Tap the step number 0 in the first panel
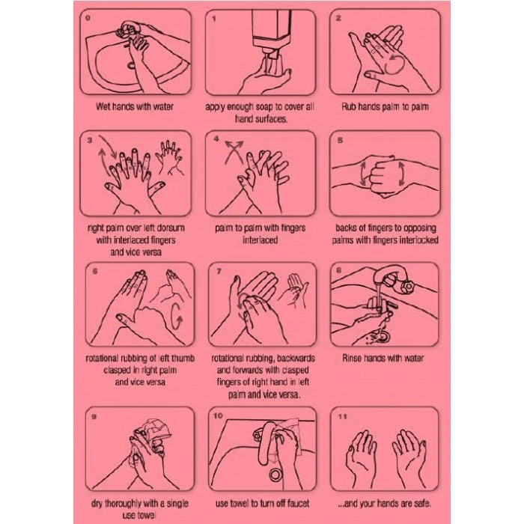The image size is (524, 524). [88, 18]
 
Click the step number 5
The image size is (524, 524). [340, 140]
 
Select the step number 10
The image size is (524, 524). [218, 415]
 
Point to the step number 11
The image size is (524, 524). [343, 416]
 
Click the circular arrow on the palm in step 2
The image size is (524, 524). [395, 64]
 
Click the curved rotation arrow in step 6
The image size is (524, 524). [177, 315]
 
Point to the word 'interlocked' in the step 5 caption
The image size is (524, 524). [418, 240]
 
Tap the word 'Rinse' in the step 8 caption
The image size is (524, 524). [352, 359]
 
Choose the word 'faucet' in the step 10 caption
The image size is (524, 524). [297, 503]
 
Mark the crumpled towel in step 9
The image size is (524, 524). [154, 431]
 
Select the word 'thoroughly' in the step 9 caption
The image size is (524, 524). [123, 504]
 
